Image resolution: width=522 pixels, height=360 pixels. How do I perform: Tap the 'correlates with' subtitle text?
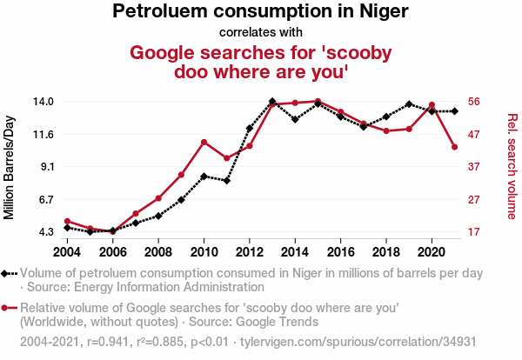click(261, 33)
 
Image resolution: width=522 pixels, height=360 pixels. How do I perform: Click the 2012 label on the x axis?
click(250, 252)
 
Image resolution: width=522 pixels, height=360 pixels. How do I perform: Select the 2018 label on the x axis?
click(385, 252)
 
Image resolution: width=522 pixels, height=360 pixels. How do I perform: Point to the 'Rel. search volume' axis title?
click(512, 166)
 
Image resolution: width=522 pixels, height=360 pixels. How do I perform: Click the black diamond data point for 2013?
click(272, 102)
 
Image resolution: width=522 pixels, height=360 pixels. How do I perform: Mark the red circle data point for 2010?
click(204, 142)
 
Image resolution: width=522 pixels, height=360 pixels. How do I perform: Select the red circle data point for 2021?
click(454, 147)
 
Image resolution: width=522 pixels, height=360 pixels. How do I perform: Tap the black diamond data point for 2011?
click(226, 181)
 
